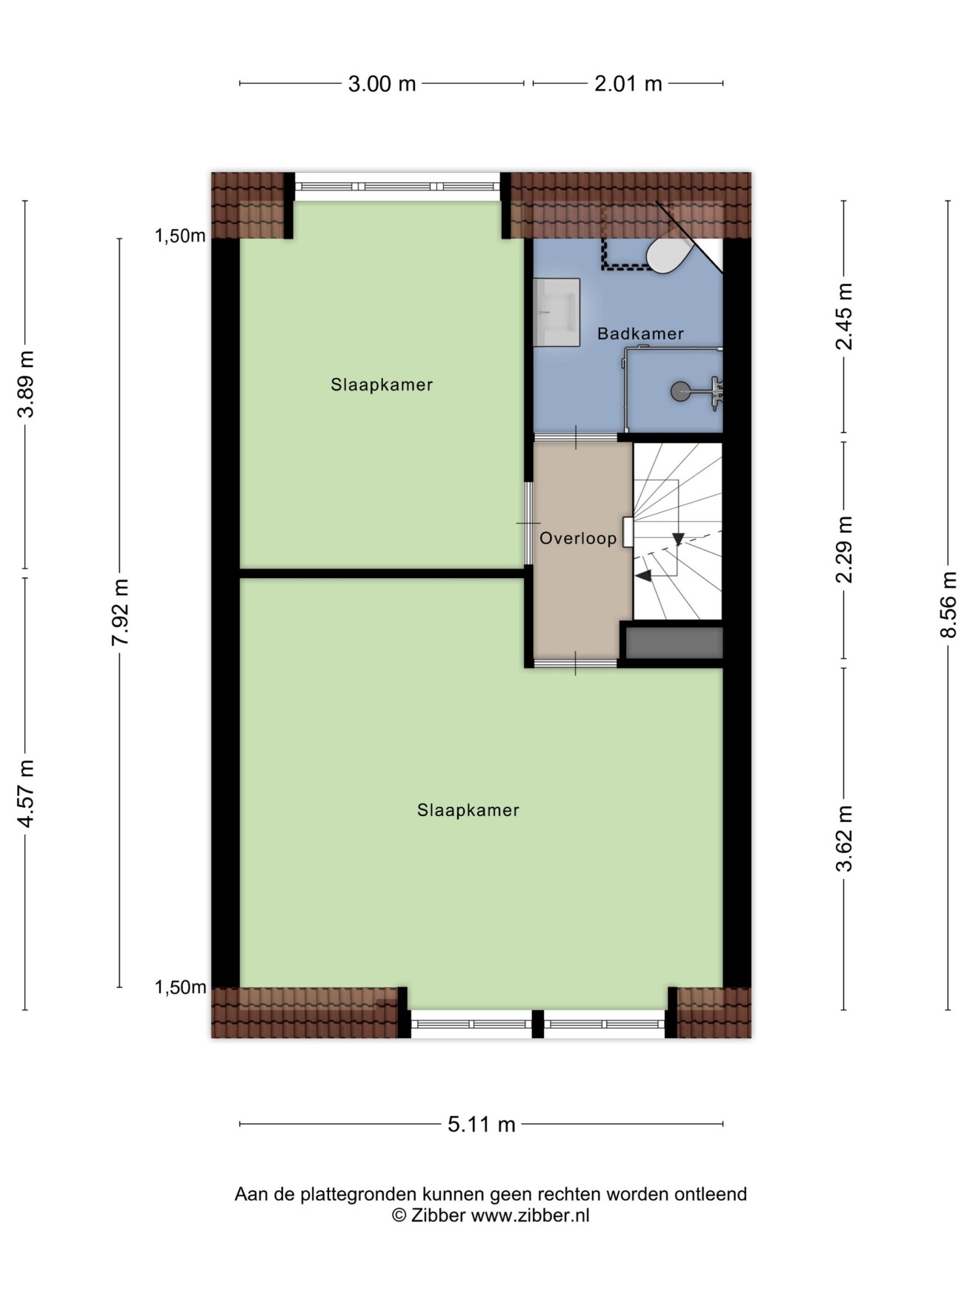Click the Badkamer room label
(640, 334)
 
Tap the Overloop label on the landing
(578, 539)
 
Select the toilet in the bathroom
(670, 252)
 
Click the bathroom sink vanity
(557, 312)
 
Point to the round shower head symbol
(680, 391)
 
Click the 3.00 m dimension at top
(382, 84)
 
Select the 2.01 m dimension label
(628, 84)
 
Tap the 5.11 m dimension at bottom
(482, 1124)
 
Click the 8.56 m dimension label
(949, 605)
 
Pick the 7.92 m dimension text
(120, 612)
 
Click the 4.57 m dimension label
(26, 793)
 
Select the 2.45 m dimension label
(844, 316)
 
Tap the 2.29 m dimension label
(844, 549)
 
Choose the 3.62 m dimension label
(844, 838)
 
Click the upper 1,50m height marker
(180, 236)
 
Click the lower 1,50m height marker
(180, 987)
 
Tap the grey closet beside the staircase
(674, 643)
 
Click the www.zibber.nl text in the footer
(531, 1215)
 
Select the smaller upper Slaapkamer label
(382, 385)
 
